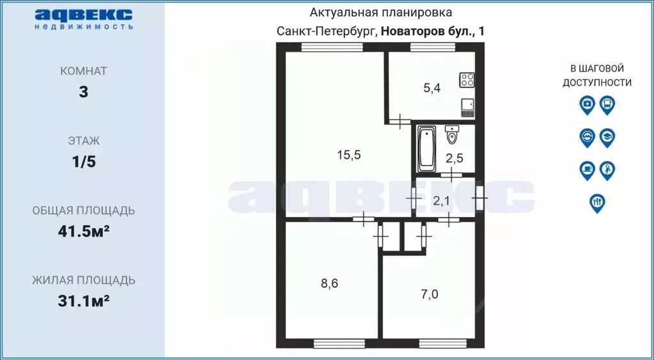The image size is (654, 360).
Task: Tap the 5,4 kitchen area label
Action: point(432,89)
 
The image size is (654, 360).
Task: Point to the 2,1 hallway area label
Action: point(442,202)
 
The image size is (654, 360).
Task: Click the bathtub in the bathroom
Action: point(426,149)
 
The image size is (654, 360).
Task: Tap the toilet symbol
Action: point(452,135)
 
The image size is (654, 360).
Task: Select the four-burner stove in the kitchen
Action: point(467,80)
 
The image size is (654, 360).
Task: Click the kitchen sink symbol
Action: point(467,106)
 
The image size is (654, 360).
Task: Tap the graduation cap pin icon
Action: point(607,137)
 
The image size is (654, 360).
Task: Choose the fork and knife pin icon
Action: point(596,202)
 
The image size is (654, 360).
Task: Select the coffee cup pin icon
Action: point(586,170)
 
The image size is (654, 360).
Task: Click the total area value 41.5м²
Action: point(83,231)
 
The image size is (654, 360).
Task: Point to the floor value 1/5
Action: point(83,161)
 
